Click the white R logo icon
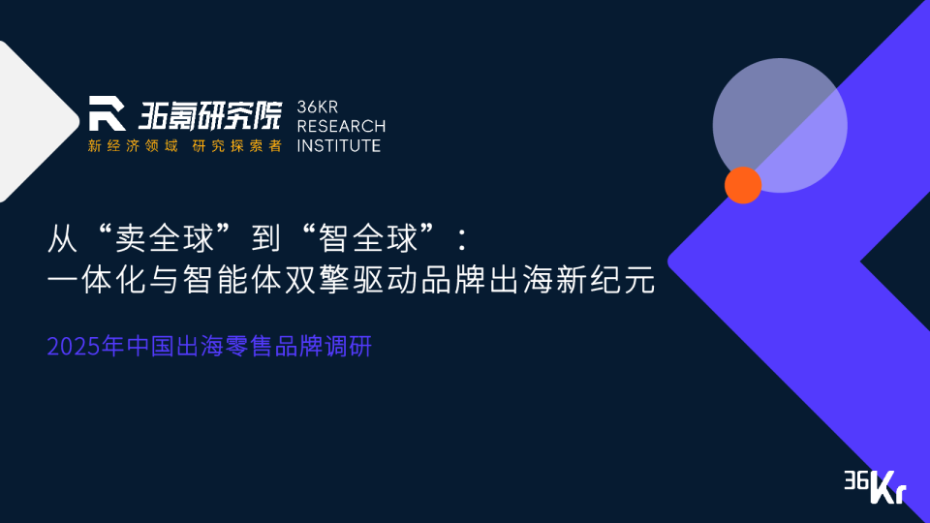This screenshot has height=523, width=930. click(x=107, y=113)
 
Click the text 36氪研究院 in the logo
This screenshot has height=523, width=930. click(x=209, y=114)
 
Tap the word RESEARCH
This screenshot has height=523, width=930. click(x=341, y=126)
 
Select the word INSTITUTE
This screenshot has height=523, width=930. click(x=339, y=146)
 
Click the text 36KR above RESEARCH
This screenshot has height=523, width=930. click(x=317, y=107)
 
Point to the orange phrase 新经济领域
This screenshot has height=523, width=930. click(x=133, y=146)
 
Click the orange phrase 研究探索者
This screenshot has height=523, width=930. click(x=236, y=146)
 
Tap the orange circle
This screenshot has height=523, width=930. click(x=743, y=184)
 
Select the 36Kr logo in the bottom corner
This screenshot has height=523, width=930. click(x=874, y=486)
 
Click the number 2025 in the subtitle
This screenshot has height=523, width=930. click(x=74, y=347)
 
